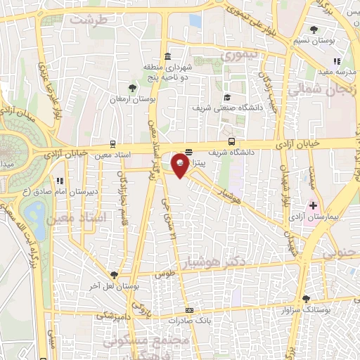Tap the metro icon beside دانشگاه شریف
(232, 141)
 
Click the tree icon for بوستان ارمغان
(131, 88)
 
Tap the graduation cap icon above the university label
(227, 97)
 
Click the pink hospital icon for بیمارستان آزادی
(314, 206)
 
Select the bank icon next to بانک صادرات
(188, 310)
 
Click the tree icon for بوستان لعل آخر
(113, 276)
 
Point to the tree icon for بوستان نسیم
(314, 30)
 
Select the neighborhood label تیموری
(238, 54)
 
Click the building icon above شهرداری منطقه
(167, 57)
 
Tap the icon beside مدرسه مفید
(337, 61)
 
